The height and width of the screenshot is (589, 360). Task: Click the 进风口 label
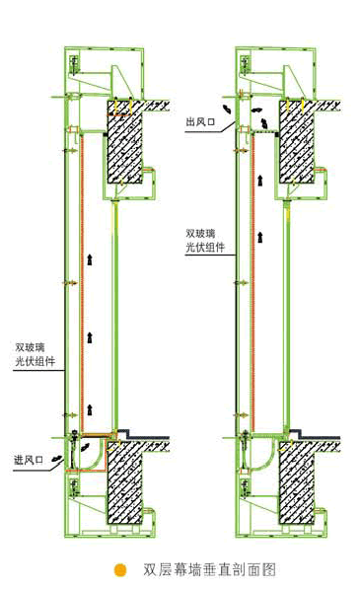29,460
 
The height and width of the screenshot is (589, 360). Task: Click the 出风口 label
200,121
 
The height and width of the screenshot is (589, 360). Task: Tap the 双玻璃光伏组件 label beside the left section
35,354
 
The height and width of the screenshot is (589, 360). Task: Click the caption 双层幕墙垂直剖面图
209,569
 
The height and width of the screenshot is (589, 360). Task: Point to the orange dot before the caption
120,569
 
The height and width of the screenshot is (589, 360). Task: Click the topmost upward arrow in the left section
90,259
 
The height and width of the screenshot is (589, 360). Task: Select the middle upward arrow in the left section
90,337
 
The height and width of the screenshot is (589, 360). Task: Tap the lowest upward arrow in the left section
90,409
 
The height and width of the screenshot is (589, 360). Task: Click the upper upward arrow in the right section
260,180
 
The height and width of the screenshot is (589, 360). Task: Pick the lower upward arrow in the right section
260,237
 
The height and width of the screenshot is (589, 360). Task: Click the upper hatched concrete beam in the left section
124,142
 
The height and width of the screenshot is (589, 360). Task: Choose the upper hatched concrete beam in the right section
296,142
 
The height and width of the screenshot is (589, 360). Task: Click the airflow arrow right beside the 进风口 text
57,459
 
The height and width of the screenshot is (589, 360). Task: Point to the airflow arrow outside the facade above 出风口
227,109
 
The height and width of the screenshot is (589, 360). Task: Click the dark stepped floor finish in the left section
143,436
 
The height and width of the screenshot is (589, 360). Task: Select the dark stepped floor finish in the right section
315,436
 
